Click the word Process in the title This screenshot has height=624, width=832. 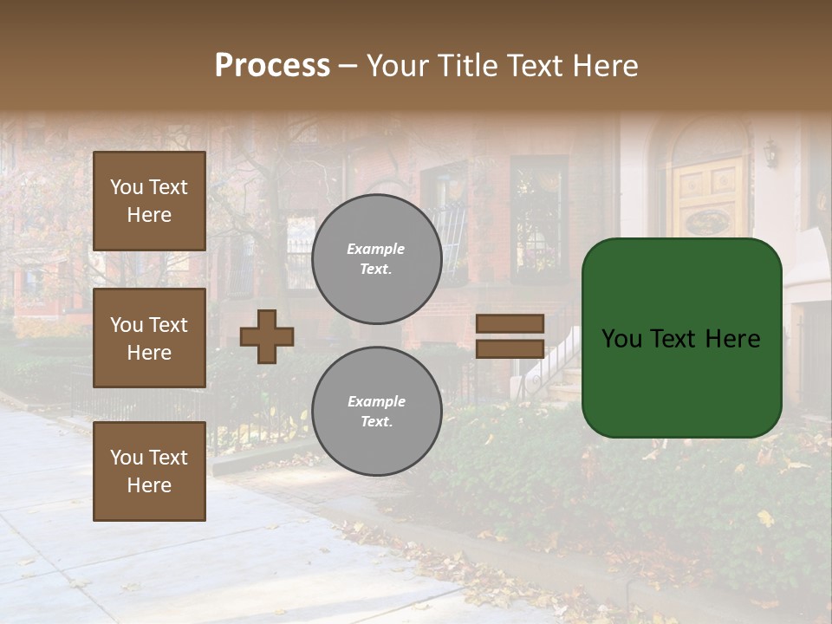coord(272,66)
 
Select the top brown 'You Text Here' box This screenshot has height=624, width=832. coord(149,201)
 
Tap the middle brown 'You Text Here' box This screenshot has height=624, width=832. coord(149,338)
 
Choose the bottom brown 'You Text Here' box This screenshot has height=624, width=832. coord(149,471)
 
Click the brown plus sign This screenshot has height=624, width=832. coord(267,336)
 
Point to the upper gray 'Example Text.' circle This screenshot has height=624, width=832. coord(376,259)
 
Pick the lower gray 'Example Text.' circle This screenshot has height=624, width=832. coord(376,412)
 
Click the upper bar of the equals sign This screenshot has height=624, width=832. coord(510,323)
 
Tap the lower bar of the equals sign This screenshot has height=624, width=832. coord(510,348)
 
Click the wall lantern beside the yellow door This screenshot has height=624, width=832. coord(770,153)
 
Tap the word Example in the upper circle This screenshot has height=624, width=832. coord(376,250)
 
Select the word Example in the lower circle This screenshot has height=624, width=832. coord(376,402)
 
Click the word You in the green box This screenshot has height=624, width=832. coord(621,339)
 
